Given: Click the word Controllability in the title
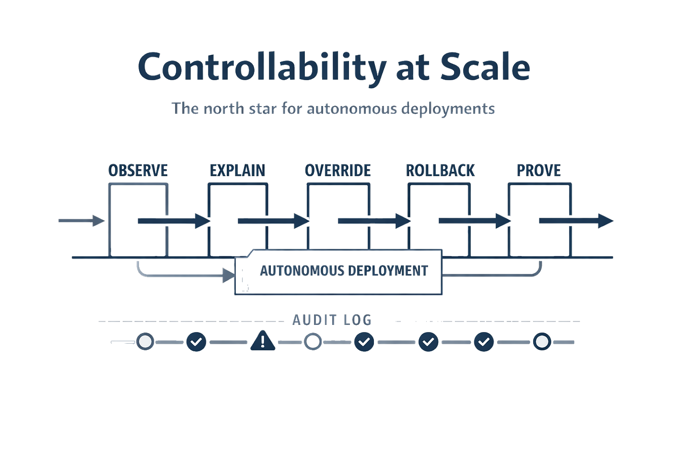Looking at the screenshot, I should point(261,68).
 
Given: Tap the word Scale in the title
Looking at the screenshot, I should point(485,68).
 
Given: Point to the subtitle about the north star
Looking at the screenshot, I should point(333,108).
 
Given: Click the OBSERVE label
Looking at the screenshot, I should point(138,170).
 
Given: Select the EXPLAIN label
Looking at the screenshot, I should point(238,170).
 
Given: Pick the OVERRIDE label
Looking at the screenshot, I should point(338,170).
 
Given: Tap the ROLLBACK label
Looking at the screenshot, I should point(440,170).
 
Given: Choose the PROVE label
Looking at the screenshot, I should point(538,170).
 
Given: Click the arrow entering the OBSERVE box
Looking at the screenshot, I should point(81,221).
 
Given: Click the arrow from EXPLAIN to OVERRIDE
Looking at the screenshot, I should point(274,221).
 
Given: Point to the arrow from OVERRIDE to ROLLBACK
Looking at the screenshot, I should point(374,221).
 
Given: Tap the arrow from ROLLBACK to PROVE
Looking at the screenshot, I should point(475,221).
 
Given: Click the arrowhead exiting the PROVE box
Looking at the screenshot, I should point(605,221).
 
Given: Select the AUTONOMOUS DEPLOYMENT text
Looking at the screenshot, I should point(343,271).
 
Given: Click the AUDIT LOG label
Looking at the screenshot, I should point(332,320).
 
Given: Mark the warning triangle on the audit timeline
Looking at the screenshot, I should point(263,341).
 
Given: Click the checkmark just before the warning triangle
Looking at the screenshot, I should point(196,342).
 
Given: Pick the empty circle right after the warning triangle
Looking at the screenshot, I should point(313,342).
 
